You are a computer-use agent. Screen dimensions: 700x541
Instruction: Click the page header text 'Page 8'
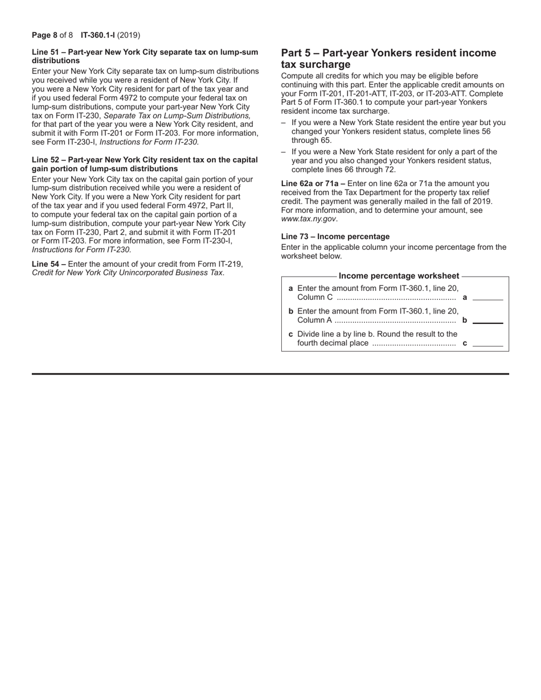click(x=44, y=35)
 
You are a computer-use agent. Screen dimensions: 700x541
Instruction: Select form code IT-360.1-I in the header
click(x=97, y=35)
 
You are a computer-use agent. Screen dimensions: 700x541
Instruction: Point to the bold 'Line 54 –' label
click(x=49, y=264)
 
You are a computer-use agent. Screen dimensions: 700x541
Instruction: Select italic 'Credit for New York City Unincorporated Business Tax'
click(x=128, y=273)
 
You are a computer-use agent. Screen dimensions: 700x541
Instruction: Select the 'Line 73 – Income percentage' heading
click(x=335, y=237)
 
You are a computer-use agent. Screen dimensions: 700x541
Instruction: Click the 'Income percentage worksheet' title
click(x=399, y=276)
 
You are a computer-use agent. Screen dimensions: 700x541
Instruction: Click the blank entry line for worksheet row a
click(x=488, y=299)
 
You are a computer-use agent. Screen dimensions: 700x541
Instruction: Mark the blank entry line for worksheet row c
click(x=488, y=345)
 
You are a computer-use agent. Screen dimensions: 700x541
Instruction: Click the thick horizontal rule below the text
click(x=270, y=374)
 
